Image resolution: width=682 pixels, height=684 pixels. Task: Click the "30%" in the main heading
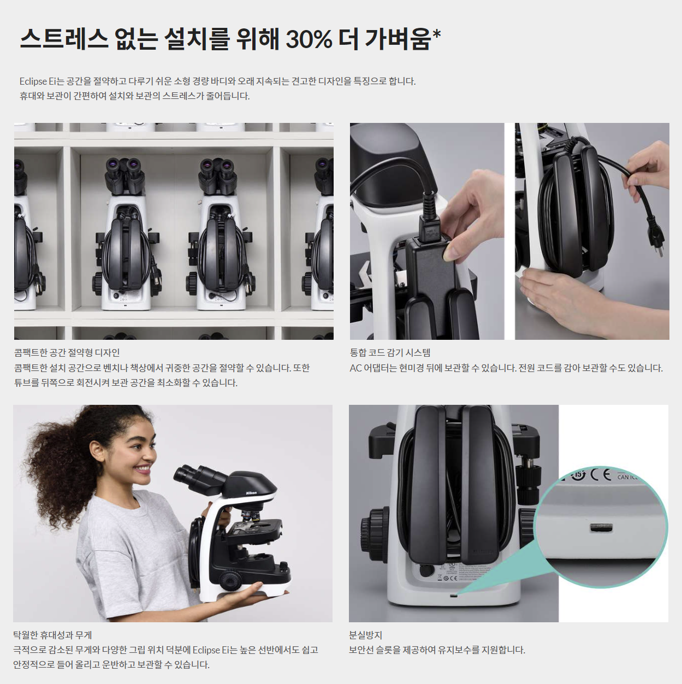[x=309, y=39]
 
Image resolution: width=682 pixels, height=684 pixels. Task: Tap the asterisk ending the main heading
[x=436, y=36]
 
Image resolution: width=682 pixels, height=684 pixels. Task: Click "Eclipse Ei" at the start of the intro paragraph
[x=38, y=81]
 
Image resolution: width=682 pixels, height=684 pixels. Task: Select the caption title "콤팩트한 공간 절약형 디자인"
[x=67, y=353]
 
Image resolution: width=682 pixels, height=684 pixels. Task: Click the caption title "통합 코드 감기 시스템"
[x=390, y=353]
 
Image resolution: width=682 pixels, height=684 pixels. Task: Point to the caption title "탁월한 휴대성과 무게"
[x=52, y=635]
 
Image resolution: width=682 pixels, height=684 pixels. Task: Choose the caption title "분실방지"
[x=365, y=635]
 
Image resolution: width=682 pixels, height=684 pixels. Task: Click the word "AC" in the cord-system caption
[x=355, y=368]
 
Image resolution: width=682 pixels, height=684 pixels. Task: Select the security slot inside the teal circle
[x=601, y=528]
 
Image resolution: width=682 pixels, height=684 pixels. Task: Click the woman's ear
[x=97, y=451]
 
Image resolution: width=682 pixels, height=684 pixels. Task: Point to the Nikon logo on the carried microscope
[x=251, y=493]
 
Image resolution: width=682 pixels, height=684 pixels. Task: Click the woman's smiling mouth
[x=143, y=469]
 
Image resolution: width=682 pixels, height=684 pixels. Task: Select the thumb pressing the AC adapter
[x=452, y=251]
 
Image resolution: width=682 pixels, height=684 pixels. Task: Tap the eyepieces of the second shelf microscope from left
[x=124, y=164]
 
